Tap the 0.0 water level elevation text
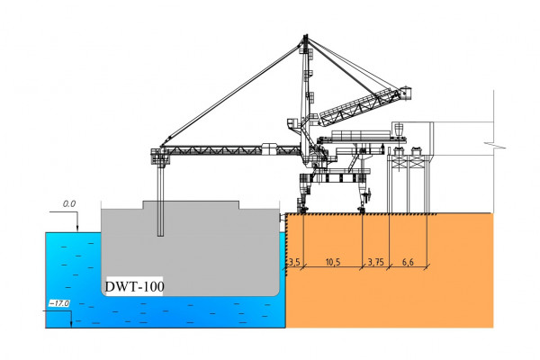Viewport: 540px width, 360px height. coord(68,205)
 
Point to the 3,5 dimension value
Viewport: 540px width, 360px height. coord(293,262)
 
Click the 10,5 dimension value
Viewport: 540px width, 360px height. coord(332,262)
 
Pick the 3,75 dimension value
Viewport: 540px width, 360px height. coord(376,262)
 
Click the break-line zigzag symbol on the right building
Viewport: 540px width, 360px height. coord(488,144)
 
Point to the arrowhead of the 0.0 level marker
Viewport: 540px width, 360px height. coord(77,228)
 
